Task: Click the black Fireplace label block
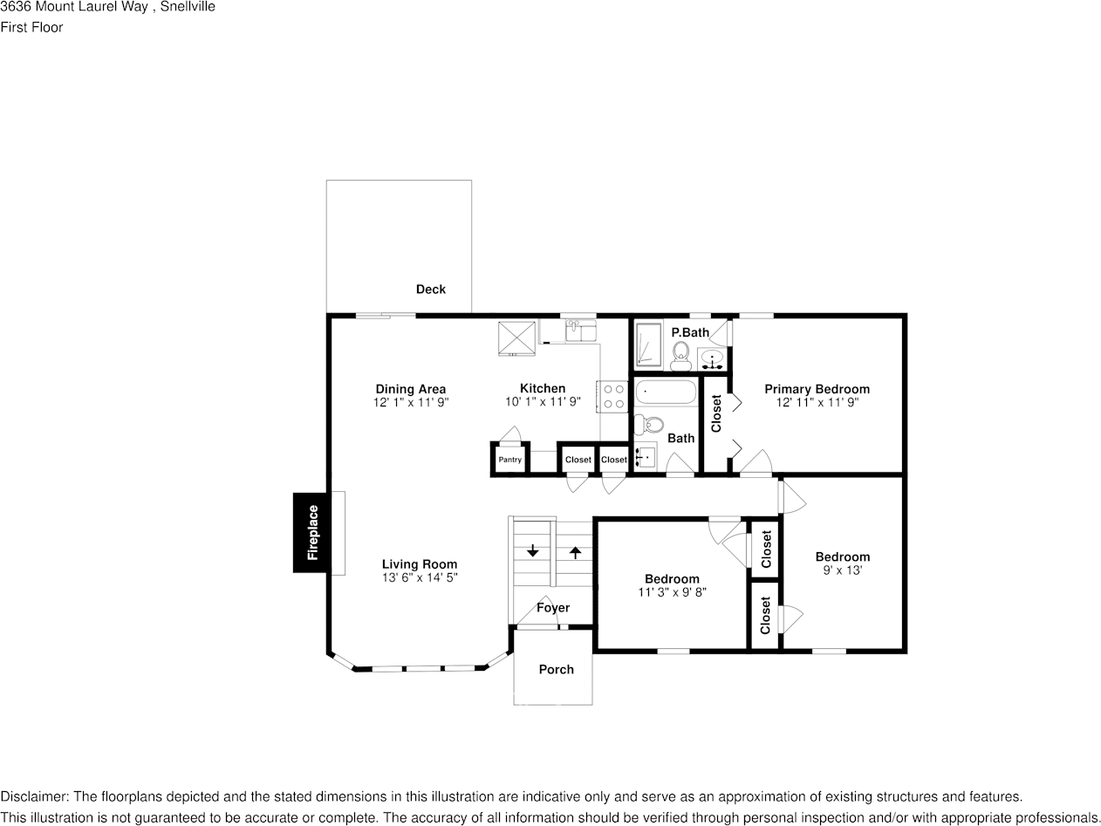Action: [x=311, y=532]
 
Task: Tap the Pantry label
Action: [x=509, y=460]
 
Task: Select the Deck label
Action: [x=430, y=290]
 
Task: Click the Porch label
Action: [x=556, y=670]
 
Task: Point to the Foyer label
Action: [x=553, y=608]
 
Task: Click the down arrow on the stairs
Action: [x=532, y=551]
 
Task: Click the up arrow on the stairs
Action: [x=575, y=551]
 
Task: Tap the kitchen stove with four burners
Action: [x=612, y=396]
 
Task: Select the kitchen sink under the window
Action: [x=580, y=331]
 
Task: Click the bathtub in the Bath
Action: [x=666, y=393]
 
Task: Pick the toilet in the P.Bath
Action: [x=680, y=354]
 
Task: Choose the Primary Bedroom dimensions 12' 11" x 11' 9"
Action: [x=817, y=403]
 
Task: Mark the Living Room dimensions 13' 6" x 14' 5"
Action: [x=419, y=577]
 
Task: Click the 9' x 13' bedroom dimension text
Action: [x=842, y=570]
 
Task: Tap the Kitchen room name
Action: [x=543, y=389]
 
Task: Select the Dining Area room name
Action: [x=410, y=389]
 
